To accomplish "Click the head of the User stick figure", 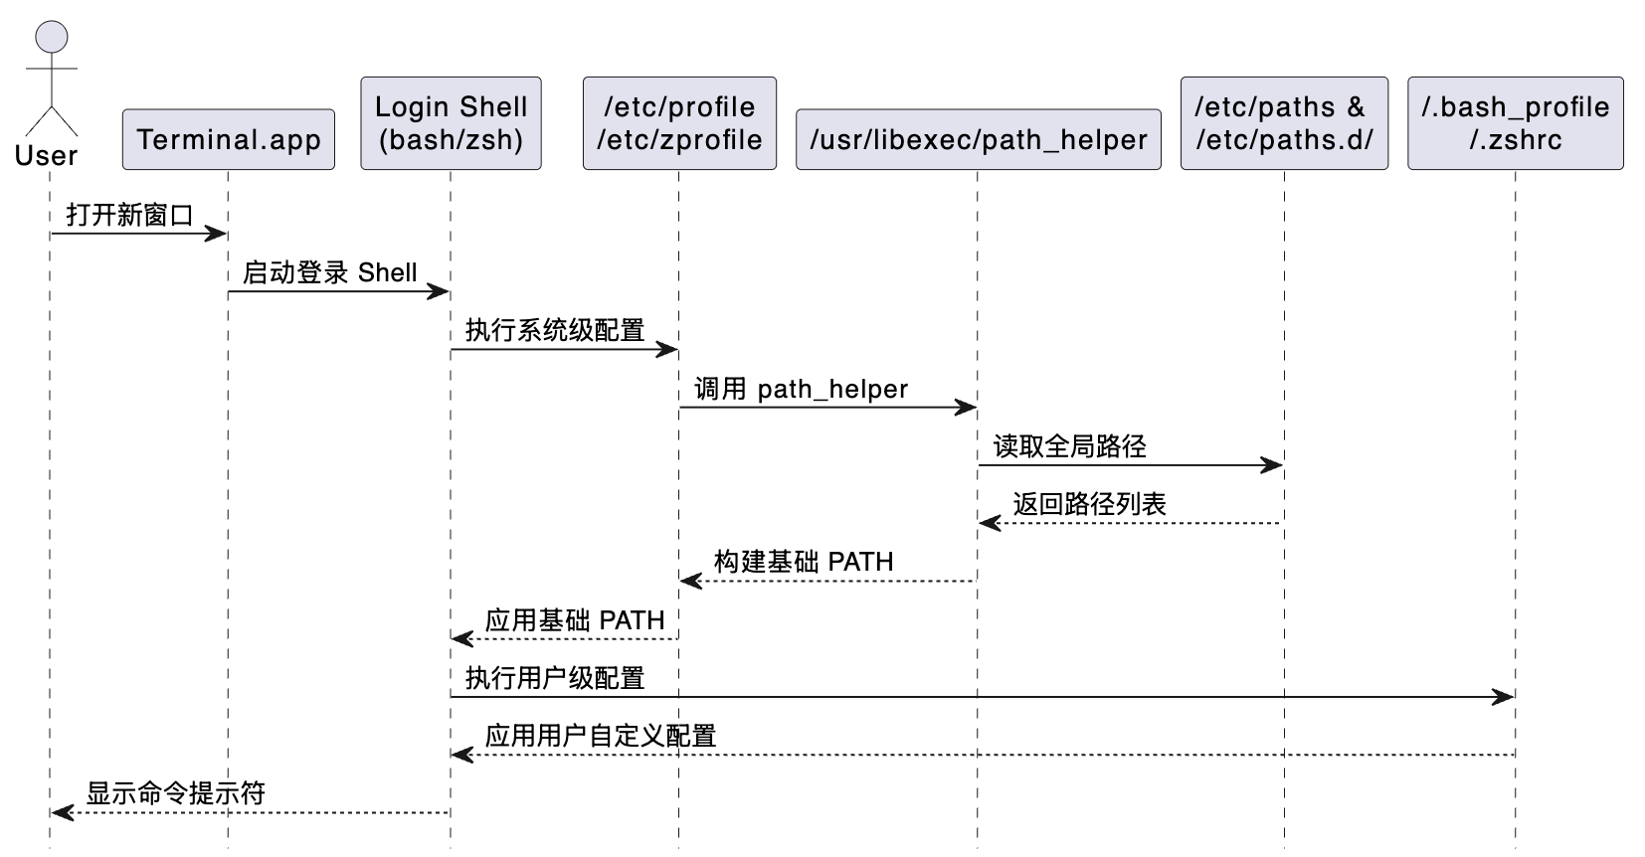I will coord(52,37).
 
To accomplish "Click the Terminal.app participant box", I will coord(229,140).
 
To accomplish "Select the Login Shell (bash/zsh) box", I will coord(451,123).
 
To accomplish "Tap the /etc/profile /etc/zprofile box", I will coord(679,123).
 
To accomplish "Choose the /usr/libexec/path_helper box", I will coord(979,140).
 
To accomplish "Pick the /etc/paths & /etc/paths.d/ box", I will coord(1284,123).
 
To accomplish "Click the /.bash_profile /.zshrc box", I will coord(1515,123).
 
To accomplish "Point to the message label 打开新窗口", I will coord(129,215).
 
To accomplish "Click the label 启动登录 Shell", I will coord(330,272).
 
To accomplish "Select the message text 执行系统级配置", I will coord(555,330).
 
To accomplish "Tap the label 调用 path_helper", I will coord(801,389).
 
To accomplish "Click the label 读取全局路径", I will coord(1070,446).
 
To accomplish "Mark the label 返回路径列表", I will coord(1089,504).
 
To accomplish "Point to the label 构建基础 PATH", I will coord(804,562).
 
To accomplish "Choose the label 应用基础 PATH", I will coord(575,620).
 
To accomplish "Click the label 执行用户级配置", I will coord(555,678).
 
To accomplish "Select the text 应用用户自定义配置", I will coord(601,736).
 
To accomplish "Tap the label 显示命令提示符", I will coord(176,793).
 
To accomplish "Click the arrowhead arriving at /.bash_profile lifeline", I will coord(1504,697).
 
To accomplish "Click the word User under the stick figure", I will coord(46,156).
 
